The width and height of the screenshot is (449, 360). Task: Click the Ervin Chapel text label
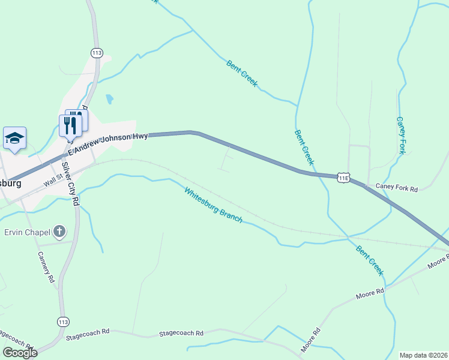pyautogui.click(x=25, y=232)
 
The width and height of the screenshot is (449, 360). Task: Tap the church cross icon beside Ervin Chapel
pyautogui.click(x=59, y=231)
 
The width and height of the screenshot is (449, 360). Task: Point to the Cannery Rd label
pyautogui.click(x=46, y=266)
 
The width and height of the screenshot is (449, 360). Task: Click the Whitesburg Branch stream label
pyautogui.click(x=213, y=205)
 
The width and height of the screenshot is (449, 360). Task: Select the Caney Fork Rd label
pyautogui.click(x=396, y=188)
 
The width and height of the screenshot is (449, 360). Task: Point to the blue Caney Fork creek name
pyautogui.click(x=401, y=135)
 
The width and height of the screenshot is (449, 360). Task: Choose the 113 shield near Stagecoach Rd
pyautogui.click(x=62, y=322)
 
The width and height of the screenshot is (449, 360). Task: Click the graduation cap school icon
pyautogui.click(x=14, y=139)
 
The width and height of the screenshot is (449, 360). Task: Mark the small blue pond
pyautogui.click(x=109, y=99)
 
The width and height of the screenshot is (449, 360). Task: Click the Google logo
pyautogui.click(x=20, y=353)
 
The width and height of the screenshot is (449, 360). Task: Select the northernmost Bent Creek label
pyautogui.click(x=242, y=73)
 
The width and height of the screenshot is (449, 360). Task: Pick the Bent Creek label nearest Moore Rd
pyautogui.click(x=370, y=260)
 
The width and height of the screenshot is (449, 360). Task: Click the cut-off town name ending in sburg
pyautogui.click(x=10, y=184)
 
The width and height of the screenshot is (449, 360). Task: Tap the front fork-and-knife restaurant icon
pyautogui.click(x=70, y=125)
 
